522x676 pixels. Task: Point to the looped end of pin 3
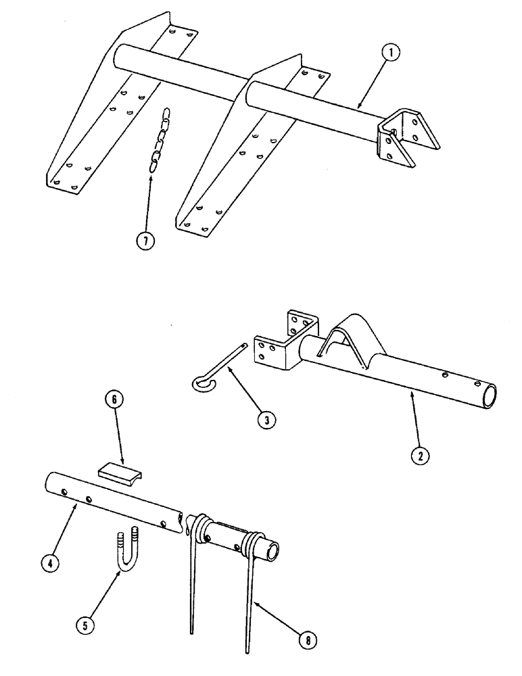tap(201, 383)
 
